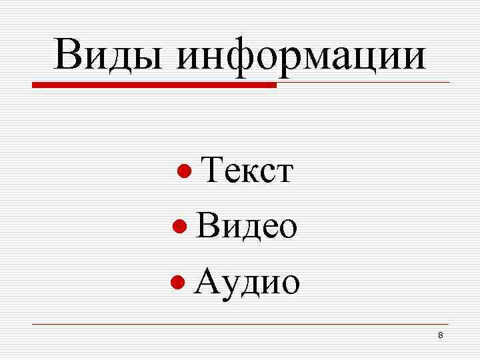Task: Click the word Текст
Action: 247,171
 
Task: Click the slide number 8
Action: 440,334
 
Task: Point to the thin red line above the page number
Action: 240,324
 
